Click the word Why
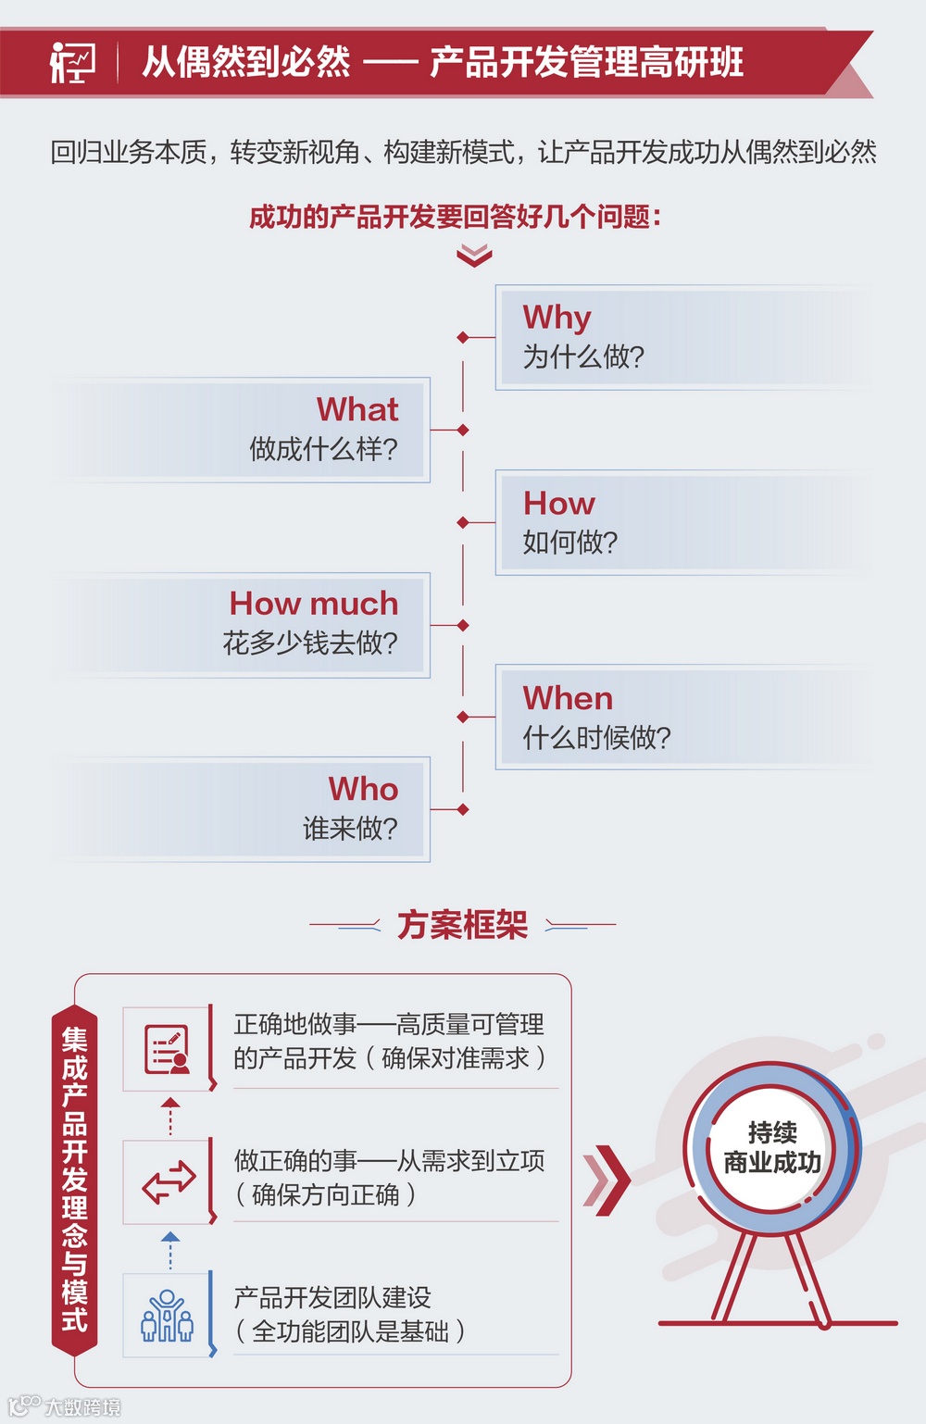coord(557,318)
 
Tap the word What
coord(357,409)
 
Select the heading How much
coord(314,604)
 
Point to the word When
coord(568,698)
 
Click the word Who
coord(363,789)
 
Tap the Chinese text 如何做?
coord(569,543)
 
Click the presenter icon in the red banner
coord(72,63)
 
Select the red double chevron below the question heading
coord(474,256)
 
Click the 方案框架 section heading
coord(462,924)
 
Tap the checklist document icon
coord(168,1050)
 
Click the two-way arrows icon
coord(169,1182)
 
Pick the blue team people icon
coord(167,1316)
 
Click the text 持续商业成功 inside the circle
coord(772,1147)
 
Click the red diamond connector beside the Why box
coord(463,337)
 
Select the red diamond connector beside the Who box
coord(463,809)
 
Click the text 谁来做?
coord(350,828)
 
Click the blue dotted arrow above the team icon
coord(170,1250)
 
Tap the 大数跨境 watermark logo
coord(65,1406)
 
